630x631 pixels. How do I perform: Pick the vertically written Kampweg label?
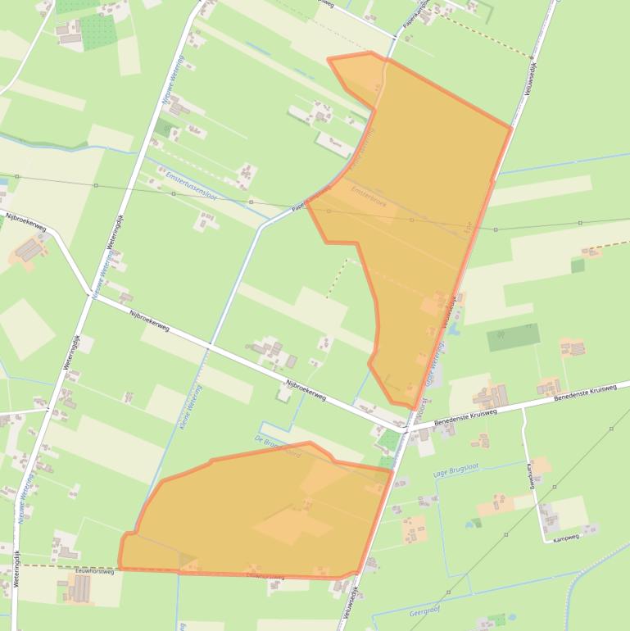532,476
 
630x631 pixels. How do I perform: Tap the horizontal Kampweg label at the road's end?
565,538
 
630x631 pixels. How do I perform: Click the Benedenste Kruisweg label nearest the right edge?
584,393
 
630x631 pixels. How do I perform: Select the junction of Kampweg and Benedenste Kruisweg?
523,406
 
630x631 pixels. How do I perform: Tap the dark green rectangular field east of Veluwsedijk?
514,337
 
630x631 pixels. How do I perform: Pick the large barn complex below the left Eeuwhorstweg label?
79,588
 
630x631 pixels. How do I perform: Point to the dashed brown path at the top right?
492,37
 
